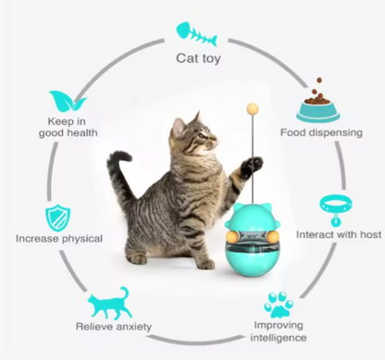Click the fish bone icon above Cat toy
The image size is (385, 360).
[x=196, y=34]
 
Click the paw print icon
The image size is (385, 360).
[x=279, y=304]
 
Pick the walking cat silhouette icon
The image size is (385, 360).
[x=109, y=304]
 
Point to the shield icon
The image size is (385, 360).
[x=56, y=217]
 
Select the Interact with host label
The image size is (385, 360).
[x=335, y=233]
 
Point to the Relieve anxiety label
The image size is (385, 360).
[x=113, y=327]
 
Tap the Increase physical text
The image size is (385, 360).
[x=58, y=238]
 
